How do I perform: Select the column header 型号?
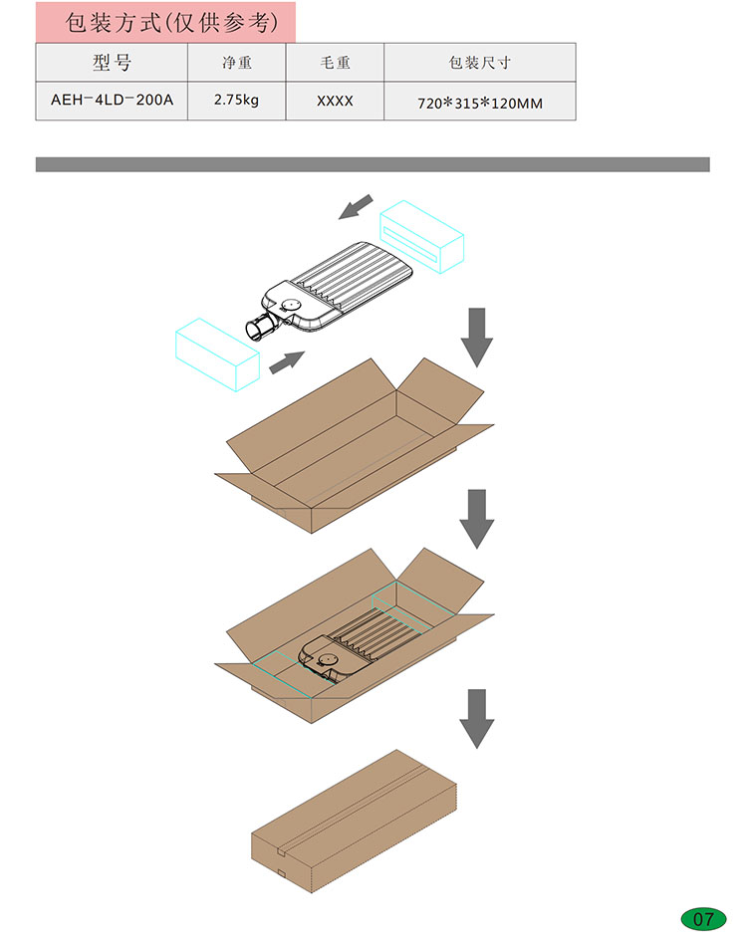point(112,62)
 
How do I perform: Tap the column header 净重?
point(236,63)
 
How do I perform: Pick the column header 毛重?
point(335,63)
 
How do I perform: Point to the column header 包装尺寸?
point(480,63)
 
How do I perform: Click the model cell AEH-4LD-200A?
point(112,100)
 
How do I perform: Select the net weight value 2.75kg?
point(236,101)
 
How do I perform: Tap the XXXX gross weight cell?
point(335,101)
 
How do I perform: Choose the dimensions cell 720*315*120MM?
point(480,104)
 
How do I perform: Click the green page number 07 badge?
point(703,919)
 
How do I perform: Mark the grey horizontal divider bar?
point(373,164)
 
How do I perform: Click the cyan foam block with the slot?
point(421,237)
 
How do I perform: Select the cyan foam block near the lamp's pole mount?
point(217,355)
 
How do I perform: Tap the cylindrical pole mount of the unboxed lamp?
point(260,329)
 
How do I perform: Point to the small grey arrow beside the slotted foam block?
point(356,207)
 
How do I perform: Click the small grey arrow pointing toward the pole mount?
point(287,362)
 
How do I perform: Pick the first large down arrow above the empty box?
point(477,338)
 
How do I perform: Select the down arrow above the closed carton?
point(477,719)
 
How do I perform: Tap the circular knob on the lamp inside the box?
point(329,659)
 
